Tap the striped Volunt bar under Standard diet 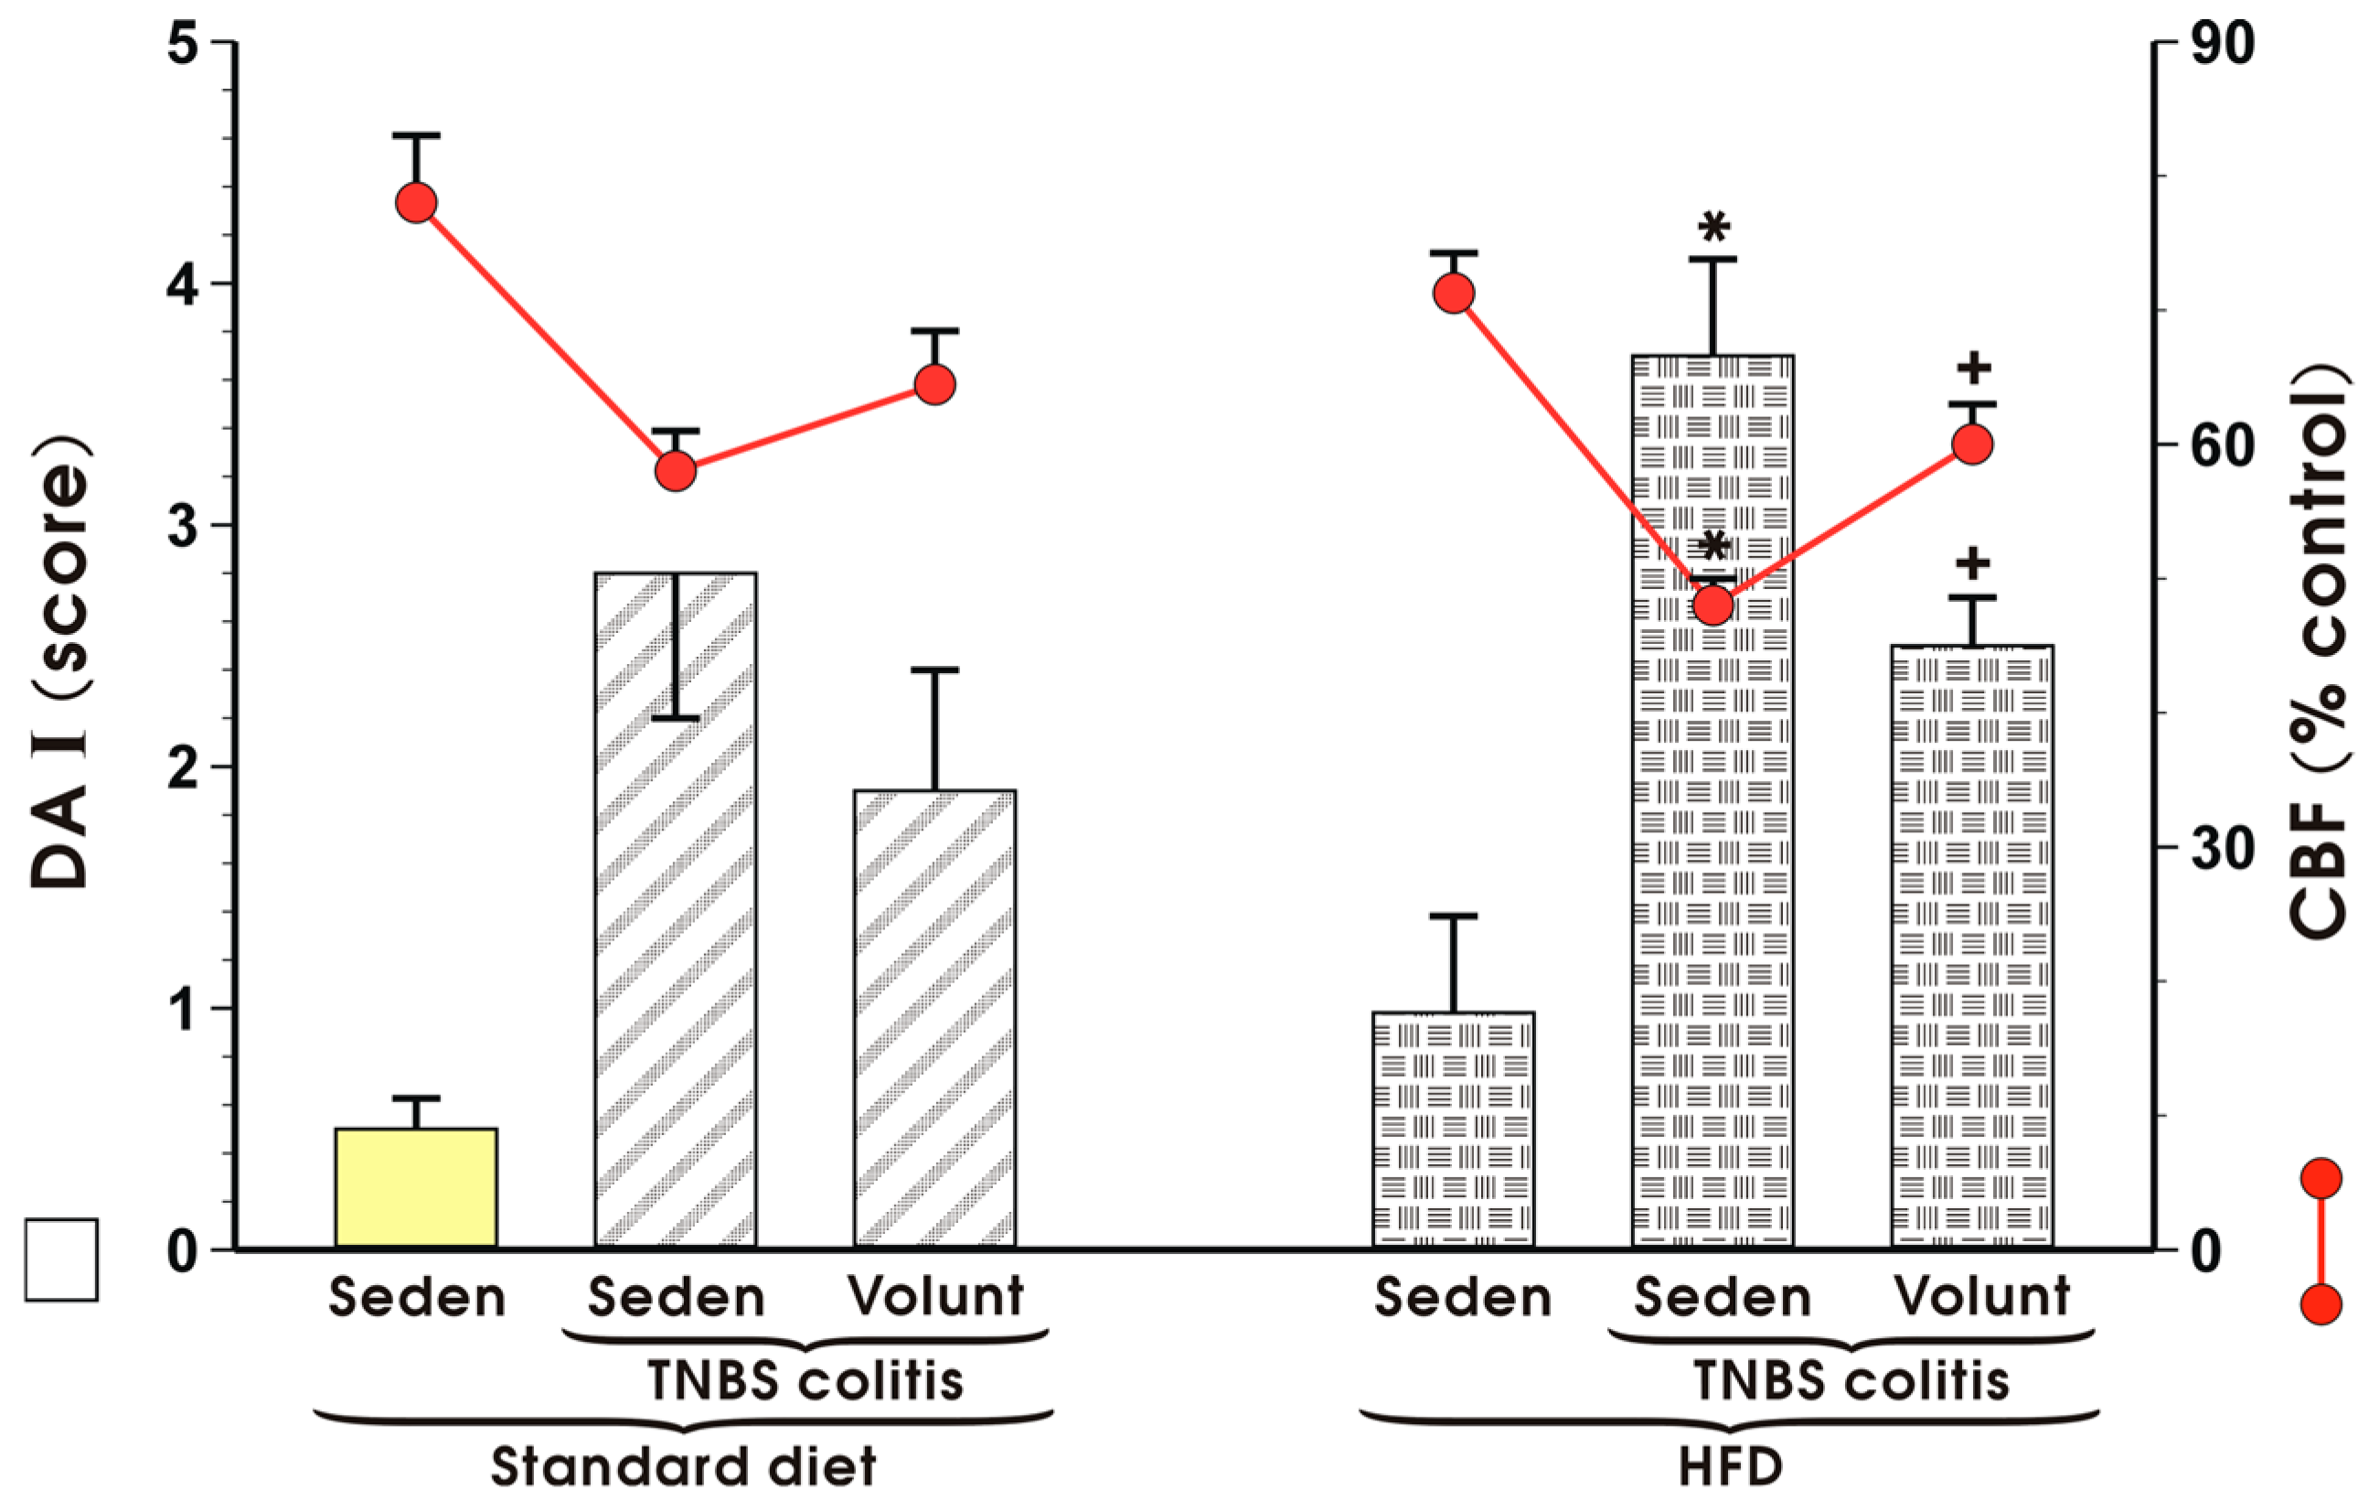point(934,1018)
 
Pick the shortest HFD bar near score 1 point(1454,1129)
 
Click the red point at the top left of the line point(417,202)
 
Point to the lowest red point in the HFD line point(1712,605)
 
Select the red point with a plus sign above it point(1972,445)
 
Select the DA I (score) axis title point(61,662)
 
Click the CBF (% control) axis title point(2318,652)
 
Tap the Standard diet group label point(684,1467)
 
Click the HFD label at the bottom point(1731,1467)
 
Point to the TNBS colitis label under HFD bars point(1851,1380)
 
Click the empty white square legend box point(61,1260)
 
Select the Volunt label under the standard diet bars point(935,1295)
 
